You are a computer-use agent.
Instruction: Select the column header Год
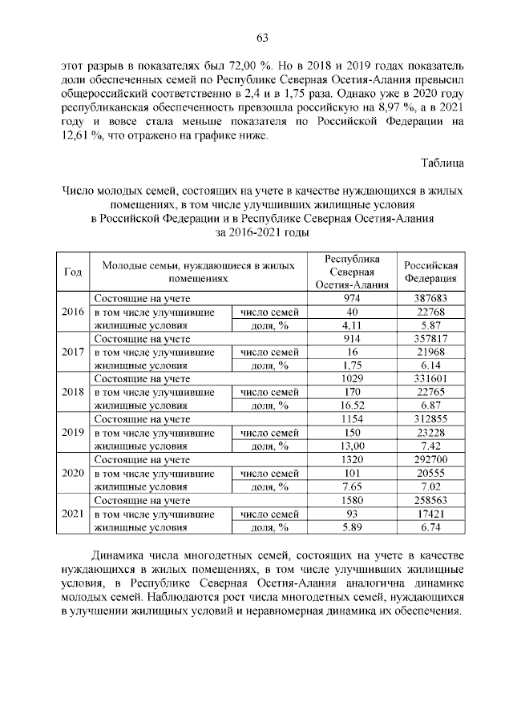(72, 272)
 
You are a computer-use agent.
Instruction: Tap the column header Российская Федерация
(430, 272)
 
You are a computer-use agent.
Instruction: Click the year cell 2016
(72, 312)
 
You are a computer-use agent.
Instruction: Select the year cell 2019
(72, 432)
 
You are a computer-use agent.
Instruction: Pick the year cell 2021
(72, 513)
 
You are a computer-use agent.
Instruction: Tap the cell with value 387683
(430, 298)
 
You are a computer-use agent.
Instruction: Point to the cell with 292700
(430, 459)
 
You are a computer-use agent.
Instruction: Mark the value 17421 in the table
(430, 513)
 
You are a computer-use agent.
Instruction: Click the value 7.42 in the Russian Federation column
(430, 446)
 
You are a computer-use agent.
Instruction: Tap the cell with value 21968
(430, 352)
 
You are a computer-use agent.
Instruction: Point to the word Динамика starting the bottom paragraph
(117, 555)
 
